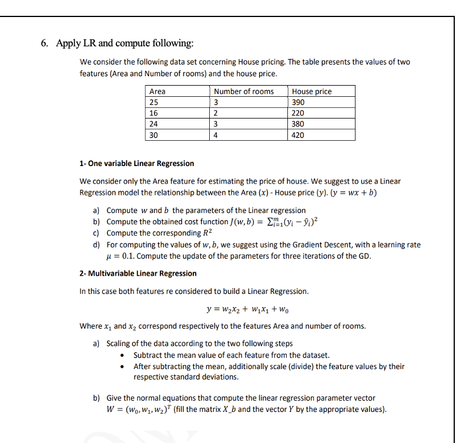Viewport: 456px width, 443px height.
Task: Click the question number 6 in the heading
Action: coord(44,43)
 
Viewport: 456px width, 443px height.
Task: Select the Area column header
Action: coord(157,91)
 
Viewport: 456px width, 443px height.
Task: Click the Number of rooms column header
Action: coord(243,91)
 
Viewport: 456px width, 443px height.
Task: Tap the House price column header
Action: coord(311,91)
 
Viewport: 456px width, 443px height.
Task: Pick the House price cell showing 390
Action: coord(299,102)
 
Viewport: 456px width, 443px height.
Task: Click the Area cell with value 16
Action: coord(154,113)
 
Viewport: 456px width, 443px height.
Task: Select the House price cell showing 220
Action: coord(299,113)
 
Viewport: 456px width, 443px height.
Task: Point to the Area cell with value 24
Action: coord(154,124)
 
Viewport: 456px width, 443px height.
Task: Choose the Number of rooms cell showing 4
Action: coord(216,135)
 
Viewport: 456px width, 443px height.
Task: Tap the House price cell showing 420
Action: coord(299,135)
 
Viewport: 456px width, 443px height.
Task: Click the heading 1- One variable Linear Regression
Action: coord(136,163)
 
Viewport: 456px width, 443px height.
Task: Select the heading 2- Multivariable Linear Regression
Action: coord(138,273)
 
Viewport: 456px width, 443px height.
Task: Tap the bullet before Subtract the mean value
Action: coord(122,356)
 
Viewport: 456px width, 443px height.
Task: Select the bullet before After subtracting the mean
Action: coord(122,367)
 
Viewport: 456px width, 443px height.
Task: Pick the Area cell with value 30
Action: coord(154,135)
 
